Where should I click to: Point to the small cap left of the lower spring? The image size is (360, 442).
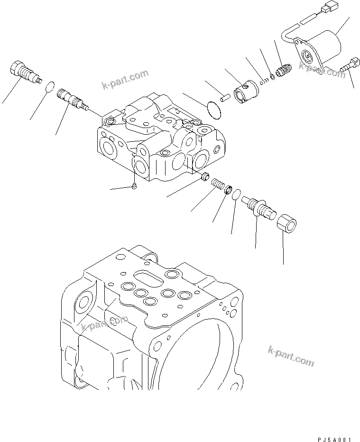tap(205, 177)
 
